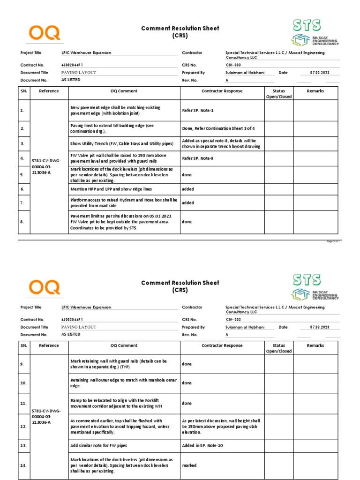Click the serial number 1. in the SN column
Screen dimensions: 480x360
[x=22, y=111]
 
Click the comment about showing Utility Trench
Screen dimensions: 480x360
[x=121, y=143]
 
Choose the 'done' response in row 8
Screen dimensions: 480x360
[x=187, y=222]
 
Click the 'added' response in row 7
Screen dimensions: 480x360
[x=188, y=203]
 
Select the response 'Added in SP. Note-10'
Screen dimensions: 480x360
[x=202, y=445]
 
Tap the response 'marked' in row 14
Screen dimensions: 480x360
[x=189, y=465]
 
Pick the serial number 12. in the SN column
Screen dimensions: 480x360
[x=23, y=427]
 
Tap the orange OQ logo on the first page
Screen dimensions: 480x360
[x=45, y=32]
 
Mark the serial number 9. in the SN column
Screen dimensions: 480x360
[x=22, y=364]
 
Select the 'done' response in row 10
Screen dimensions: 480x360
[x=187, y=383]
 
